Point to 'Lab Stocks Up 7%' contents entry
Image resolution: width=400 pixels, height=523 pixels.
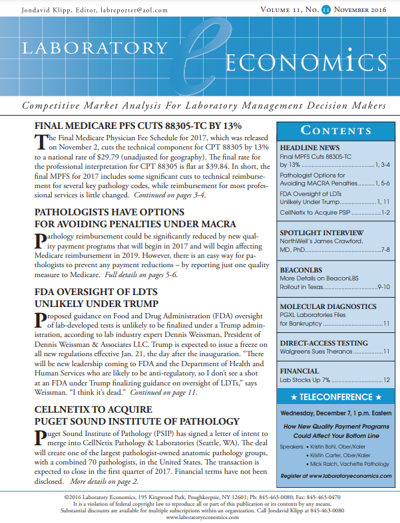[305, 380]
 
